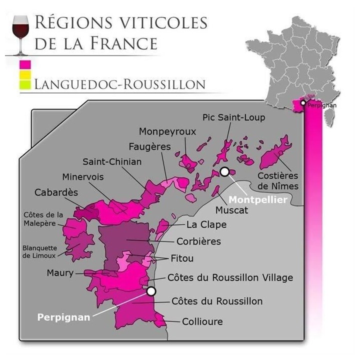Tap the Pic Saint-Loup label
234,117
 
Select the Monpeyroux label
167,131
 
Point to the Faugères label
149,147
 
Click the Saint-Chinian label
112,161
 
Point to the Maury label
60,273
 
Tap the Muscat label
231,210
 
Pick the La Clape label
206,225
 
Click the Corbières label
198,241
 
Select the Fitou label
181,258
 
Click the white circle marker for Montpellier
225,172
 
